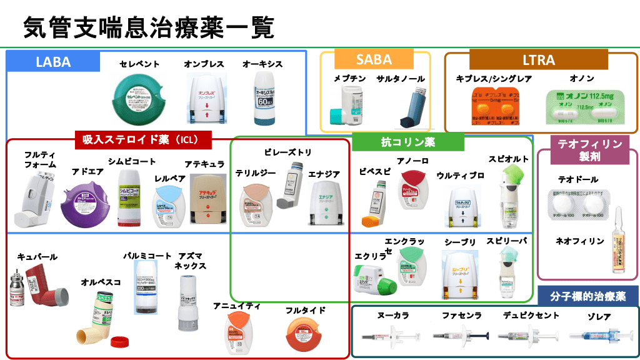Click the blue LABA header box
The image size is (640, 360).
(53, 62)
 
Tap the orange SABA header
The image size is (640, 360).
(374, 60)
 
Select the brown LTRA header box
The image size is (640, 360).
(538, 60)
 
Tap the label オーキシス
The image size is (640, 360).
(262, 64)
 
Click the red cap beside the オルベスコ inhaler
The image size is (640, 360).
(119, 341)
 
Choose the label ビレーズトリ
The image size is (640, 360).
(287, 152)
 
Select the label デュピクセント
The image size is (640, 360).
(531, 315)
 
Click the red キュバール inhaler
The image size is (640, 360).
(37, 287)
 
